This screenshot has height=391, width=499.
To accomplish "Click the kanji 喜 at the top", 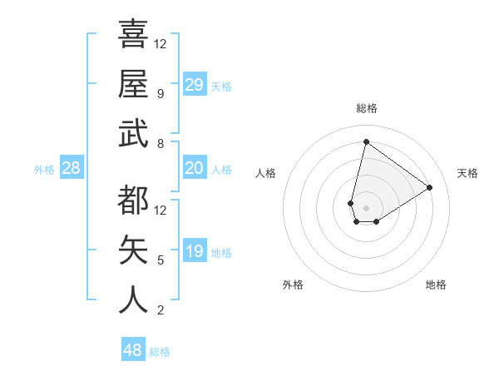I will [x=133, y=35].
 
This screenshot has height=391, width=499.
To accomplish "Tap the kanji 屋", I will [x=133, y=83].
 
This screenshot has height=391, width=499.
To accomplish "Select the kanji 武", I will [x=133, y=133].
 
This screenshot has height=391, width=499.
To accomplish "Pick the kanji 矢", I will [x=133, y=250].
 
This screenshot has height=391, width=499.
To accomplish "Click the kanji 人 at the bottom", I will [x=133, y=299].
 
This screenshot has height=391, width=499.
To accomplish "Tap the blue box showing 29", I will [x=195, y=84].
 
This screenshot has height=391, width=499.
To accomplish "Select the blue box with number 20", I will [x=195, y=169].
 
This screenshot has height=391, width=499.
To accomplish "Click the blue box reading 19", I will [x=195, y=252].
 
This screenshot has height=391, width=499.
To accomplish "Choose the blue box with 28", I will [x=72, y=169].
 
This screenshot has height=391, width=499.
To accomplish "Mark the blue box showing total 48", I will [x=133, y=350].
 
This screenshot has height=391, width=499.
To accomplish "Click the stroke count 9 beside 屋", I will [x=160, y=94].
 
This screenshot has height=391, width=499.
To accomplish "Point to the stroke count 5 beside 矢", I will [x=160, y=260].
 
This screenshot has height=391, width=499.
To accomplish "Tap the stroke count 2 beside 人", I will [x=160, y=310].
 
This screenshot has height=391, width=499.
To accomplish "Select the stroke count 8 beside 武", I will [x=160, y=144].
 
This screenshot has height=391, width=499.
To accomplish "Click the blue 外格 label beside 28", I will [x=44, y=170].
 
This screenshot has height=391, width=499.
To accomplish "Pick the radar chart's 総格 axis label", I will [x=366, y=108].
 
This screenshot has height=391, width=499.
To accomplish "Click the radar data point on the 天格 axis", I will [x=430, y=187].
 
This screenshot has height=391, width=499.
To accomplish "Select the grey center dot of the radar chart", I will [x=366, y=206].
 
